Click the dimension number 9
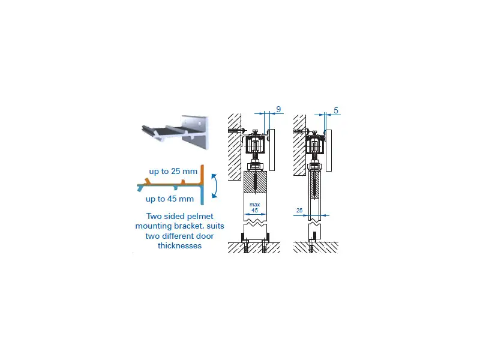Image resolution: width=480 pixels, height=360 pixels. (x=278, y=109)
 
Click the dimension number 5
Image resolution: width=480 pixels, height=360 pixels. (x=336, y=110)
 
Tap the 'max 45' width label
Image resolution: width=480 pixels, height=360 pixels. (x=254, y=207)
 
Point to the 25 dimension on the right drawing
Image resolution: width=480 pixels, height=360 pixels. (x=299, y=211)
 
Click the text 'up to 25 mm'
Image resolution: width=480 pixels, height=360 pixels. (x=173, y=172)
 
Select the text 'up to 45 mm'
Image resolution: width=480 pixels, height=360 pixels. (x=170, y=199)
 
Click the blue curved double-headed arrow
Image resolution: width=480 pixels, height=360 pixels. (x=215, y=186)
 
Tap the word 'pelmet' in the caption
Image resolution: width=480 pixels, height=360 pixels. (x=200, y=217)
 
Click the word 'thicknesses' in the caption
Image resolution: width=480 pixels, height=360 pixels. (x=179, y=245)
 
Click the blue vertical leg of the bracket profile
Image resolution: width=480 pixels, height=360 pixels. (x=202, y=195)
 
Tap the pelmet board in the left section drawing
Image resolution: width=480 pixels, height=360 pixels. (x=272, y=149)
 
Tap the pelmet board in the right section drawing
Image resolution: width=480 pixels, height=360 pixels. (x=329, y=151)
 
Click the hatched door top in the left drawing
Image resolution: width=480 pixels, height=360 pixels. (x=256, y=182)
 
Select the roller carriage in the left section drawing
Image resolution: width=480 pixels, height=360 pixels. (x=254, y=145)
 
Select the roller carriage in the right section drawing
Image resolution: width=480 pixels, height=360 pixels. (x=314, y=145)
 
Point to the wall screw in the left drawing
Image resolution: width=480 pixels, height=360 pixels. (x=236, y=130)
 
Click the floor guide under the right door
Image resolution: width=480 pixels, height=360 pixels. (x=313, y=237)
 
